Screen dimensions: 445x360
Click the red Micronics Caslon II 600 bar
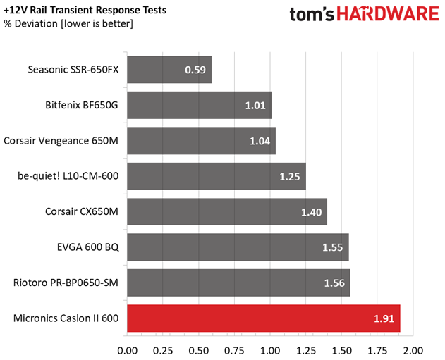coord(264,318)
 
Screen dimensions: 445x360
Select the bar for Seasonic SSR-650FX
coord(169,70)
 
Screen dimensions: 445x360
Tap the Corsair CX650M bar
coord(227,212)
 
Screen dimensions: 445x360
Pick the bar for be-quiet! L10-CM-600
coord(217,176)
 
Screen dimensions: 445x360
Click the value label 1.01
coord(255,106)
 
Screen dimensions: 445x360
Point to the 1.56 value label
coord(334,283)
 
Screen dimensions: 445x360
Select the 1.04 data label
coord(260,141)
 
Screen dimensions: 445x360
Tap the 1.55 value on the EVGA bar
coord(333,247)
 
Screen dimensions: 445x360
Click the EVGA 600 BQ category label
coord(87,247)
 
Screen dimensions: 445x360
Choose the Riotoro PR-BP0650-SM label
coord(66,283)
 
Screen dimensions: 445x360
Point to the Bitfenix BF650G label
coord(82,105)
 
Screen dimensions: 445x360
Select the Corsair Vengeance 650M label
coord(61,141)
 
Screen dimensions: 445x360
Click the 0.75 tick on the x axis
coord(234,351)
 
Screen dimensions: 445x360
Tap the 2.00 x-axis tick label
coord(413,351)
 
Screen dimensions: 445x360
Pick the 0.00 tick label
coord(128,351)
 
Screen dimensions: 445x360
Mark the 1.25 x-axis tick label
coord(306,351)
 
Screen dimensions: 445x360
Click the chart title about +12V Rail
coord(85,10)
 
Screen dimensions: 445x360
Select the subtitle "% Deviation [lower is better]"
coord(68,23)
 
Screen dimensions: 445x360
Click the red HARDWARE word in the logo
coord(388,13)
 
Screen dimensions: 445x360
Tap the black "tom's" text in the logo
coord(312,14)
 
